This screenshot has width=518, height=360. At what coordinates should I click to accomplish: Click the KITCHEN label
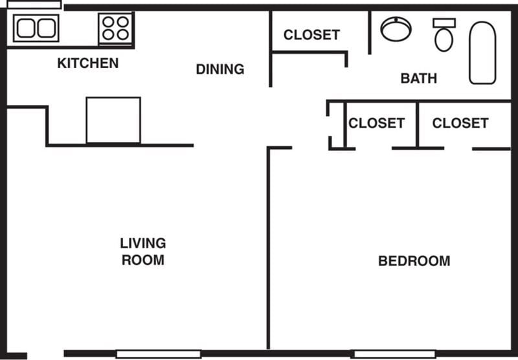(x=88, y=63)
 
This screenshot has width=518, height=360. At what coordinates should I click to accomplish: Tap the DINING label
(x=220, y=69)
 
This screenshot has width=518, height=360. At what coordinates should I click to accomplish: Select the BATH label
(x=418, y=79)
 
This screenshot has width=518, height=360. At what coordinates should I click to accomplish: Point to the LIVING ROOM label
(x=142, y=252)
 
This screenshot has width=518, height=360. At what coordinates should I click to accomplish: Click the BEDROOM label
(x=414, y=262)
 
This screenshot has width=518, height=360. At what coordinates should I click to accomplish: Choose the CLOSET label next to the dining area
(x=311, y=35)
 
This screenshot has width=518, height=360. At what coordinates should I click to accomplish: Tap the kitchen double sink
(x=36, y=28)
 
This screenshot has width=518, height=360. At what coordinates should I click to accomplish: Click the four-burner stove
(x=116, y=28)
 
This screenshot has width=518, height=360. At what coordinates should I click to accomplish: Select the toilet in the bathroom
(x=444, y=36)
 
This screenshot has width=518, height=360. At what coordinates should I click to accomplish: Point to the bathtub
(x=482, y=52)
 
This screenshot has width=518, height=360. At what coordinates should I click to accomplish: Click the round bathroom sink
(x=396, y=29)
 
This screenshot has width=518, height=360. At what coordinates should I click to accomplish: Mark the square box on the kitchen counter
(x=113, y=120)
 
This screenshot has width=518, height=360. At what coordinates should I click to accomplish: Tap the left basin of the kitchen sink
(x=27, y=28)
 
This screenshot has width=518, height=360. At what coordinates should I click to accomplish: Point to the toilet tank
(x=444, y=23)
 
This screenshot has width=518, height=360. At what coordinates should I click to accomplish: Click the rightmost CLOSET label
(x=460, y=123)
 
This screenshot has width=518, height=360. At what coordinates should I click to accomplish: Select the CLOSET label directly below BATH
(x=376, y=123)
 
